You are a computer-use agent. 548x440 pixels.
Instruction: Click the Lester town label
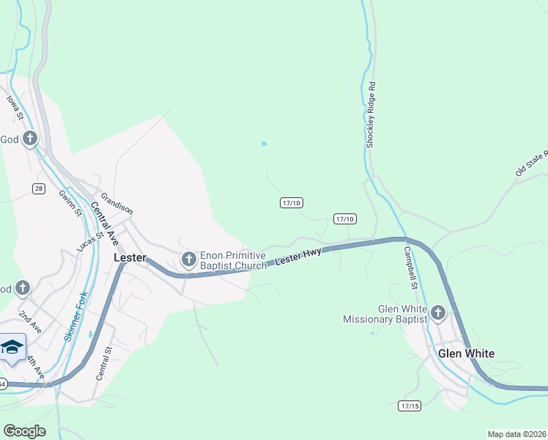coord(130,258)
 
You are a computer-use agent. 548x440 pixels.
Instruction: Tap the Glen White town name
coord(466,353)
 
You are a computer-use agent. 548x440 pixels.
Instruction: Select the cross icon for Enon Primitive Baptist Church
coord(188,258)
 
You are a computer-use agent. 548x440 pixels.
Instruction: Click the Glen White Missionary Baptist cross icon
coord(438,314)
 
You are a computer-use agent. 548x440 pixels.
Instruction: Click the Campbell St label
coord(410,267)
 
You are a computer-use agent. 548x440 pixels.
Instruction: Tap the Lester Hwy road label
coord(298,257)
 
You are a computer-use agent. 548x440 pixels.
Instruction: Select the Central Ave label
coord(105,223)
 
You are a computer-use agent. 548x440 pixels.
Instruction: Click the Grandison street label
coord(117,203)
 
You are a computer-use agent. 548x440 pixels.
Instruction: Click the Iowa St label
coord(15,107)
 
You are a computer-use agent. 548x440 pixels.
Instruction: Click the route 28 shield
coord(39,188)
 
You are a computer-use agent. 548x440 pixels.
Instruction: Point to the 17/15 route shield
coord(410,406)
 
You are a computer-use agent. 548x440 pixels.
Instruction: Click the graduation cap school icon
coord(12,346)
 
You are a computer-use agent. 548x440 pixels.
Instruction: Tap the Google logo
coord(24,431)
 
